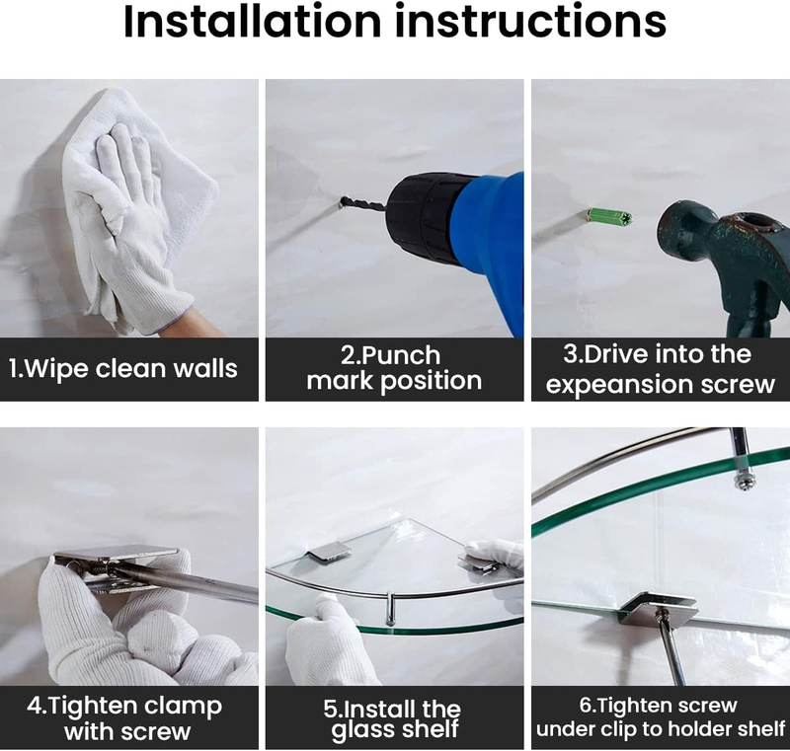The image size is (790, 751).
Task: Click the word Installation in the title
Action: pyautogui.click(x=253, y=21)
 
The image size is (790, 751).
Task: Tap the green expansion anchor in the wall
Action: pyautogui.click(x=609, y=216)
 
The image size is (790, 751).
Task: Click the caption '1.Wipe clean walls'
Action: pyautogui.click(x=122, y=368)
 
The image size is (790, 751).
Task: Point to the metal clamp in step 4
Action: pyautogui.click(x=117, y=568)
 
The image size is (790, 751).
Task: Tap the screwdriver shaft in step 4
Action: pyautogui.click(x=192, y=584)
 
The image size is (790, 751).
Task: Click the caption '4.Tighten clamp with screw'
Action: pyautogui.click(x=125, y=718)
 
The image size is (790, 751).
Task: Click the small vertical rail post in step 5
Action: pyautogui.click(x=390, y=608)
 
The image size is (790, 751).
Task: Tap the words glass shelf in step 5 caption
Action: pyautogui.click(x=395, y=730)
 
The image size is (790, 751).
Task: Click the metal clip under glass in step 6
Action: pyautogui.click(x=659, y=608)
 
